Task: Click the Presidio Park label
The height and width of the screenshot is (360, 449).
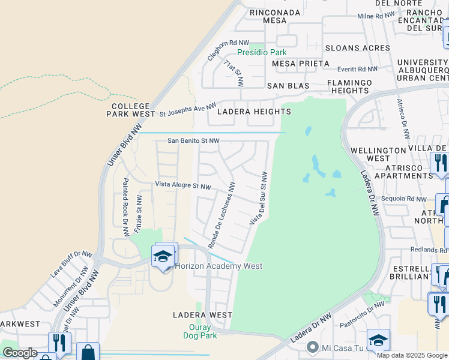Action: point(262,52)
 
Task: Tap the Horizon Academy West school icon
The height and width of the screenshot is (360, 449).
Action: point(163,257)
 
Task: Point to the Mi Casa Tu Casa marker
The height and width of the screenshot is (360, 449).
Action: point(312,347)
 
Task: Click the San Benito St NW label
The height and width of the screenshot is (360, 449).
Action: point(193,141)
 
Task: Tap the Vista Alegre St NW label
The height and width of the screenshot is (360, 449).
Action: point(183,186)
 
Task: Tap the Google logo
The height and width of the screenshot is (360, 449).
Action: point(20,353)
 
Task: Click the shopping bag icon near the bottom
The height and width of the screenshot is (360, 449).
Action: point(88,353)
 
